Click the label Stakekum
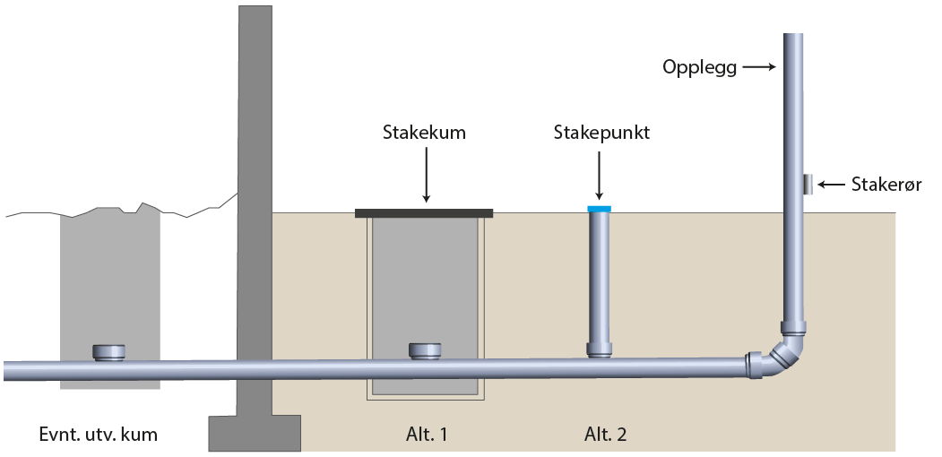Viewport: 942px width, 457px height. pos(425,134)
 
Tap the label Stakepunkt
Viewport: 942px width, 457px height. pos(601,134)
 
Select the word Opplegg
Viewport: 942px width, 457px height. pos(699,67)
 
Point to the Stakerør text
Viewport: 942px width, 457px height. pos(886,185)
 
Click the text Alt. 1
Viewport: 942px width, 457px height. pos(425,435)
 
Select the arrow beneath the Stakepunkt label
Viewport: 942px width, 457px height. pos(599,175)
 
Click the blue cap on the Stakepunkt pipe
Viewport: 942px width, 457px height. pos(599,209)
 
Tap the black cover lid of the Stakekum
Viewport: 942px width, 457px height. pos(424,212)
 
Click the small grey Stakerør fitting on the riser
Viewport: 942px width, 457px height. pos(808,185)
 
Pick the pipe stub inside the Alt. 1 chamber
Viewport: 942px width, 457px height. pos(424,351)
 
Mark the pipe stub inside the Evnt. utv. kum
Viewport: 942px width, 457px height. pos(109,351)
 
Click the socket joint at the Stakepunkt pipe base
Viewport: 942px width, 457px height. pos(599,349)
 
